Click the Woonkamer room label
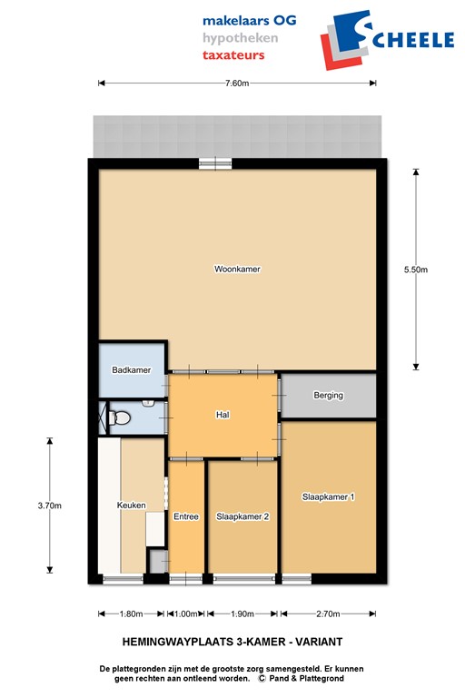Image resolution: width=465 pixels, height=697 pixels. (237, 269)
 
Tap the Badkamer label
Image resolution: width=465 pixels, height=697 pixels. (131, 370)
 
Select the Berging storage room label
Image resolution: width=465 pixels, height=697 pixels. (328, 396)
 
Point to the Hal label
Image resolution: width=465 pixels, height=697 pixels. (222, 415)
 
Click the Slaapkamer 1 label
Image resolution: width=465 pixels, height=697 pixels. (328, 496)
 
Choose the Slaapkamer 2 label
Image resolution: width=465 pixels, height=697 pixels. (243, 516)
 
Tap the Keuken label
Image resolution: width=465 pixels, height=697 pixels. (132, 506)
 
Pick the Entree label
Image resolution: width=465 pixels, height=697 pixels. (186, 516)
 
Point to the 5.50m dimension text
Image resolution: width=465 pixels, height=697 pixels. (416, 269)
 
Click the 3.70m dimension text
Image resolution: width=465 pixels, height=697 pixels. (50, 506)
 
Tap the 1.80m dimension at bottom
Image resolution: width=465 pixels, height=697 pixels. (132, 614)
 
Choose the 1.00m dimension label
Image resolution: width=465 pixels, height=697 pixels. (186, 614)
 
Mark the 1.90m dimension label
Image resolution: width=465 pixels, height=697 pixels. (243, 614)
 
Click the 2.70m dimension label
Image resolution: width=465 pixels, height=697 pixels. (328, 614)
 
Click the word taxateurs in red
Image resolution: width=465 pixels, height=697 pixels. (233, 55)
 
